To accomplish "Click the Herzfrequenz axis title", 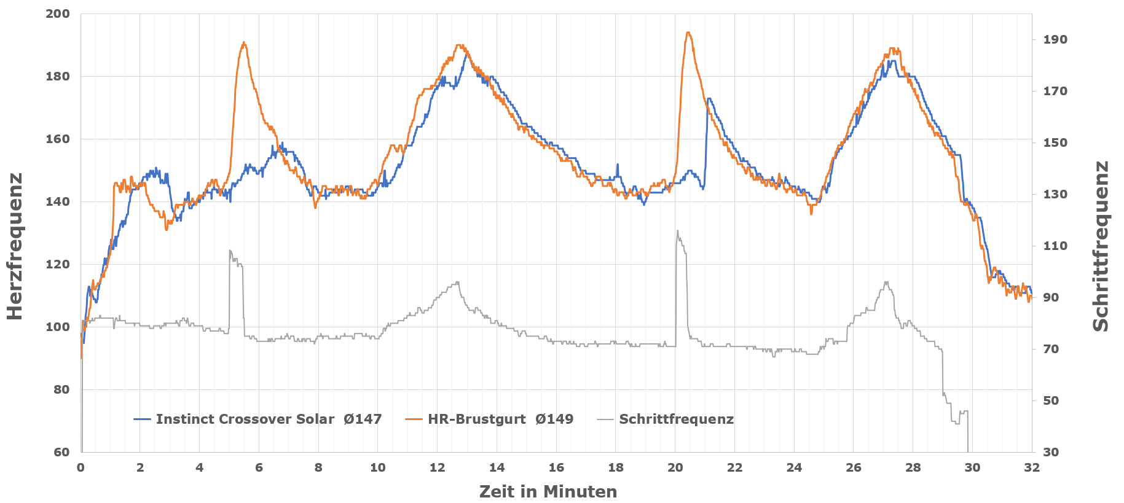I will coord(15,246).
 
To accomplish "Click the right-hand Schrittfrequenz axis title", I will coord(1101,246).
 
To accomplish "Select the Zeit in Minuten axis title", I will coord(548,491).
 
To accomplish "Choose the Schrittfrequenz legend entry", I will coord(676,419).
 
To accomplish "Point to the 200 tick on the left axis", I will coord(58,14).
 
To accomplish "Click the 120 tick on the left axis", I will coord(58,264).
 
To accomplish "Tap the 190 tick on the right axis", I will coord(1055,39).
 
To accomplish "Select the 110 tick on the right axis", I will coord(1055,246).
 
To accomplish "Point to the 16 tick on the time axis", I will coord(556,467).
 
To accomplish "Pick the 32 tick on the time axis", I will coord(1032,467).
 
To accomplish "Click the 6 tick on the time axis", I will coord(259,467).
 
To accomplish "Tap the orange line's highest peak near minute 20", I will coord(688,33).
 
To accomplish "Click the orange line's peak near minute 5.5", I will coord(244,42).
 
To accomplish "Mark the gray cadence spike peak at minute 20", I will coord(677,231).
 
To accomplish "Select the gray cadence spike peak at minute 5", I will coord(230,251).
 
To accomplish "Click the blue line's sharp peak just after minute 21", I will coord(709,98).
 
